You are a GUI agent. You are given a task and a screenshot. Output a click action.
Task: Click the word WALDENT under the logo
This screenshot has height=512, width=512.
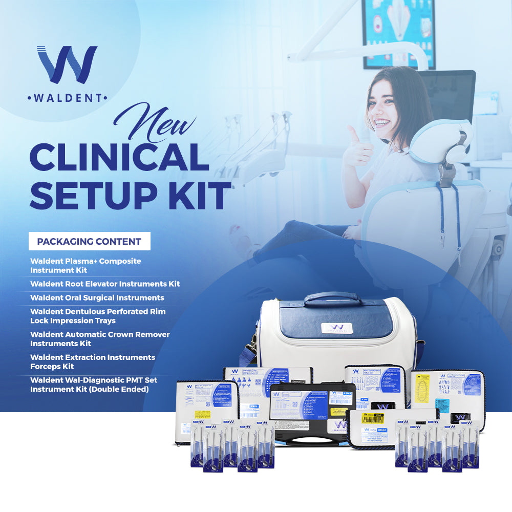click(x=67, y=97)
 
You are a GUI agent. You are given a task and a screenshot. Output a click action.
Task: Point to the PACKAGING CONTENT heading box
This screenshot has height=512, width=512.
click(x=89, y=241)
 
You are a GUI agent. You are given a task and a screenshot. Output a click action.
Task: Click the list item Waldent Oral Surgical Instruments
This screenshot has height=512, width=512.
click(x=97, y=297)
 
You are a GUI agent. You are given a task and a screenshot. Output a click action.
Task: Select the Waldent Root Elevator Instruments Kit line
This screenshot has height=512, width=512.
click(x=105, y=284)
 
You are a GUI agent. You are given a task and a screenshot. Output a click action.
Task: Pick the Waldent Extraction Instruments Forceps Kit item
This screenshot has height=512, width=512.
click(x=92, y=361)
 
